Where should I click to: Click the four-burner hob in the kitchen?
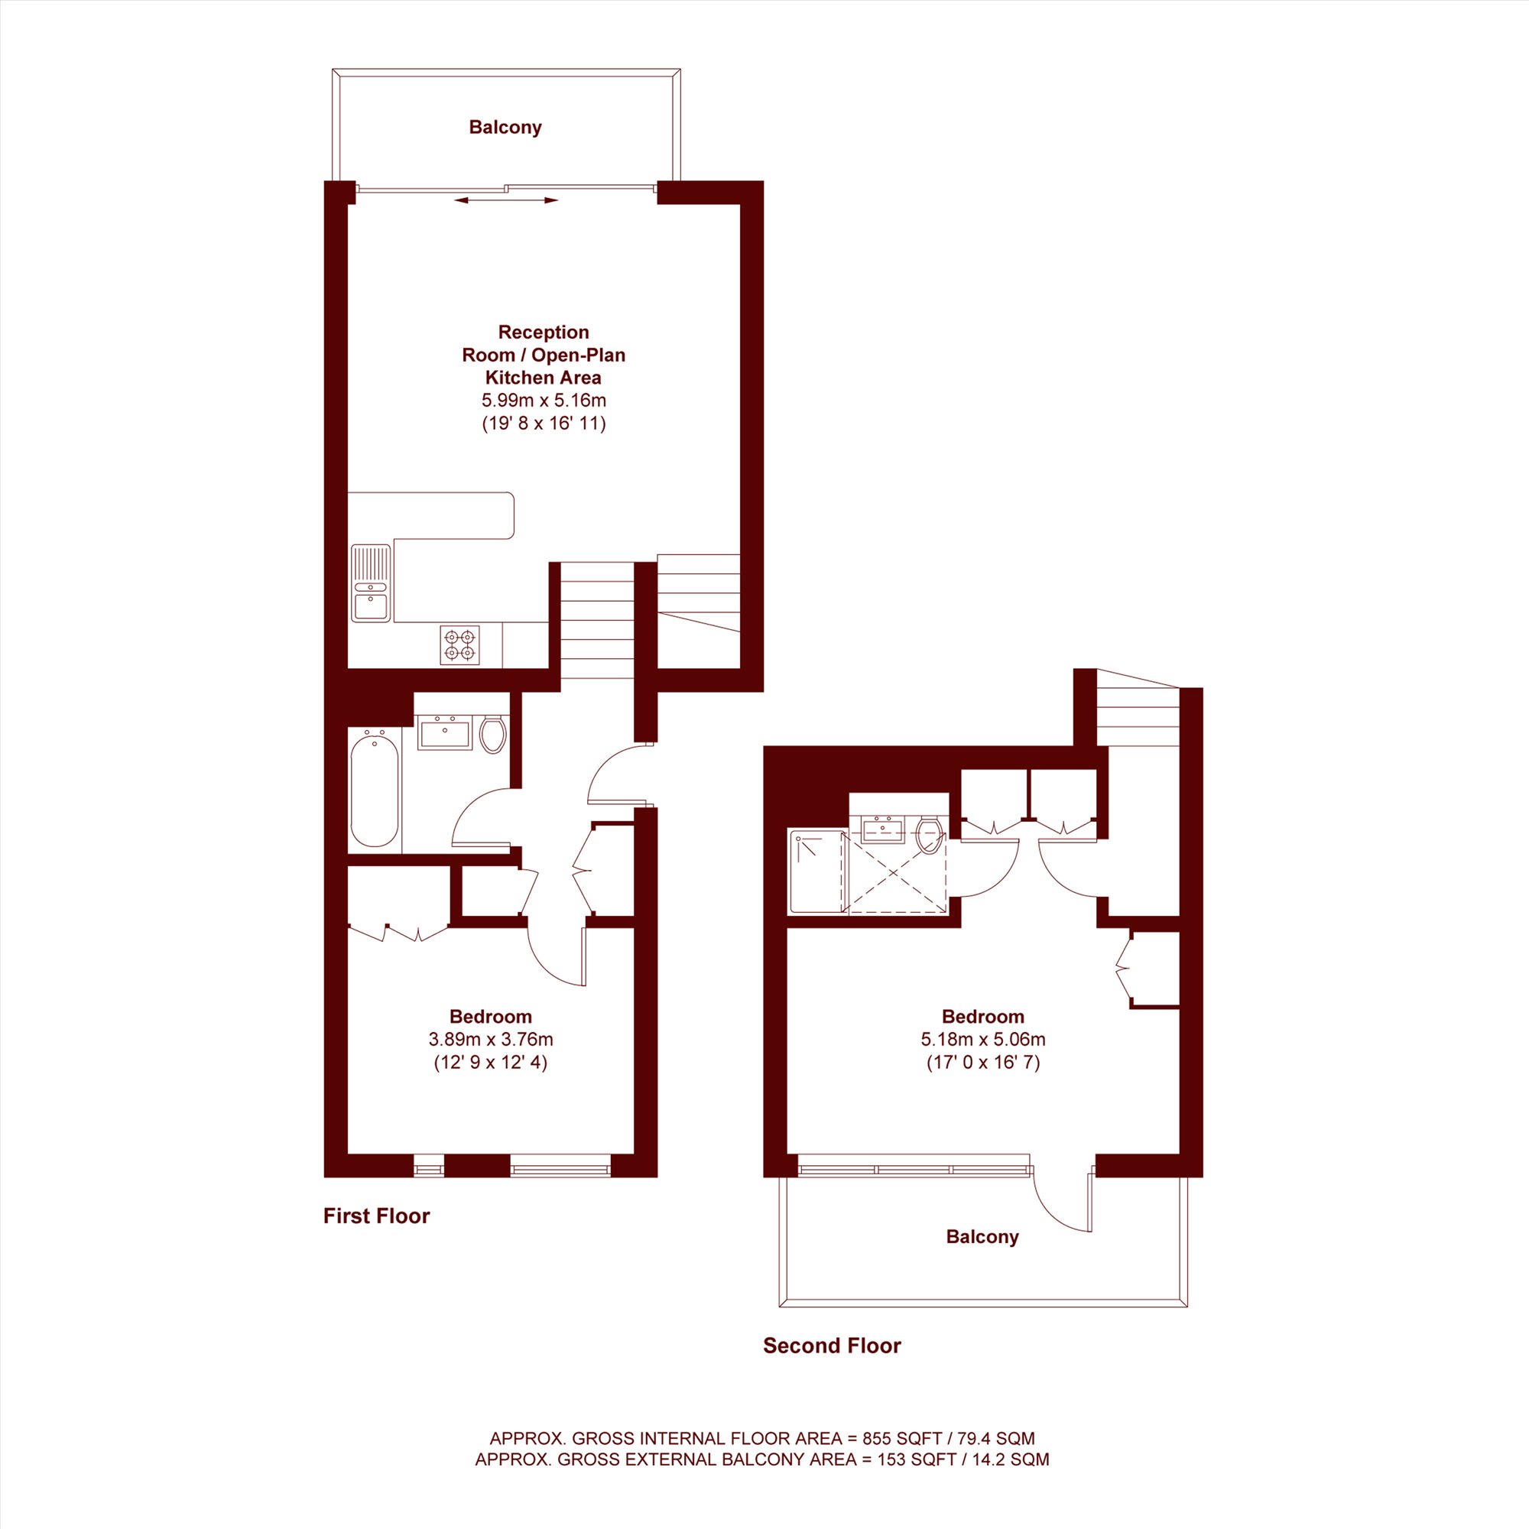click(459, 645)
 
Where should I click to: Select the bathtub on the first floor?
click(375, 789)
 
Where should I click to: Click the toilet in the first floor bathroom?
click(493, 734)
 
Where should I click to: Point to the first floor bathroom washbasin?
click(444, 732)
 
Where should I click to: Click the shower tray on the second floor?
click(817, 872)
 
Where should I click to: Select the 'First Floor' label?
click(377, 1216)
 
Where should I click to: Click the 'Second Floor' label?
click(832, 1346)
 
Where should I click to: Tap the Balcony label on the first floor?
click(505, 128)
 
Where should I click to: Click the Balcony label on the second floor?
click(982, 1237)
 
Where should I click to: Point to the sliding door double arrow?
click(507, 200)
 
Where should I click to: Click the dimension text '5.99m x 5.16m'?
click(544, 401)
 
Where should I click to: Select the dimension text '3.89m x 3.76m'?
click(491, 1039)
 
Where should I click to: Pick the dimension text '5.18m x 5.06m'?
click(983, 1039)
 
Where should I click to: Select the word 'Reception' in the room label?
click(544, 333)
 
